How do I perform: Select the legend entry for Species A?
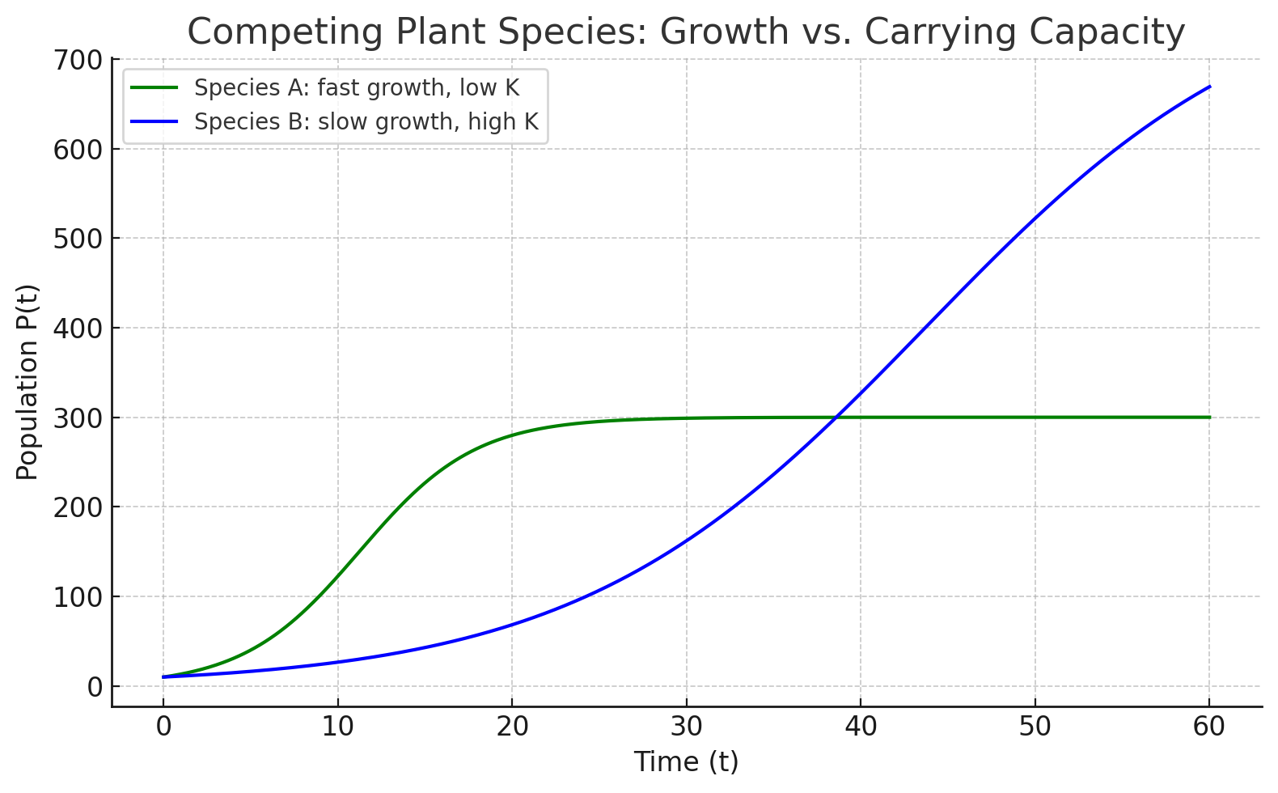point(356,87)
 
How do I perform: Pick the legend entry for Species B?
point(366,121)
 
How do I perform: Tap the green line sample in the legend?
point(154,87)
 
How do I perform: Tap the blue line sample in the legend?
point(154,121)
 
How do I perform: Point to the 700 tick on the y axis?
point(78,61)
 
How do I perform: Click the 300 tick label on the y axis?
point(78,418)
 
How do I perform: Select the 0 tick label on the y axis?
point(96,687)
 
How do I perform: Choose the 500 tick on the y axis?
point(78,240)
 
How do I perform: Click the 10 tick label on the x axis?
point(337,727)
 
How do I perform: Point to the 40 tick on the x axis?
point(861,727)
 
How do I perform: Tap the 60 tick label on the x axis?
point(1209,727)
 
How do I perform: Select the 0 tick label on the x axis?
point(163,727)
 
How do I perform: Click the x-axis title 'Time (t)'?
point(686,762)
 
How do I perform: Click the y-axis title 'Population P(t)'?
point(28,382)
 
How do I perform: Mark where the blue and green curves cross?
point(836,418)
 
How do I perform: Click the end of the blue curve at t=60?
point(1209,87)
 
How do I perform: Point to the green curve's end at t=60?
point(1209,418)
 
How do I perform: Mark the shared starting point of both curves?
point(163,676)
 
